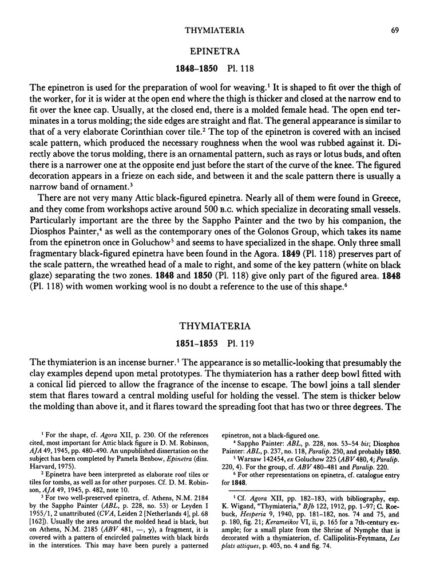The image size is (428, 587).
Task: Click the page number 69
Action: tap(397, 12)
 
